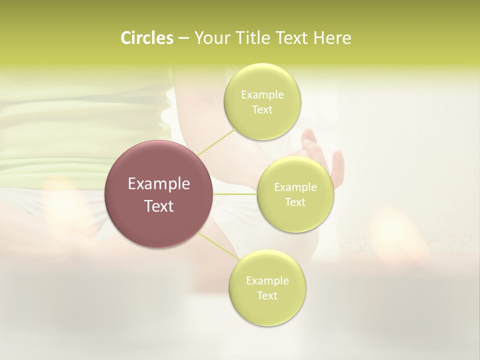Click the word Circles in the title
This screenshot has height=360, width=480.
coord(146,38)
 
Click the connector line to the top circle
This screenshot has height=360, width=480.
coord(216,142)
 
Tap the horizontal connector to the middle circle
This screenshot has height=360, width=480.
coord(235,194)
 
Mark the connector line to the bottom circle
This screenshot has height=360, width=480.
coord(218,246)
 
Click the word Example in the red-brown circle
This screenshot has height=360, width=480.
coord(159,184)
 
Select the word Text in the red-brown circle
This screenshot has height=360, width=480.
coord(159,206)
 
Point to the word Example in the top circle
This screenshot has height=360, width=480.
coord(262,95)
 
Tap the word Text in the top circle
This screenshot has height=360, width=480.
coord(262,110)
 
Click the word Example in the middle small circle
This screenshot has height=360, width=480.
coord(295,187)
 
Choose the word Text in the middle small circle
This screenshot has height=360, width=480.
coord(295,202)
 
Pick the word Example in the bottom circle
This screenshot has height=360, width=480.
coord(267,281)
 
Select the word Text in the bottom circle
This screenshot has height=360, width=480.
coord(267,296)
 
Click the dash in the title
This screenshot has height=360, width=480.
coord(183,38)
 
